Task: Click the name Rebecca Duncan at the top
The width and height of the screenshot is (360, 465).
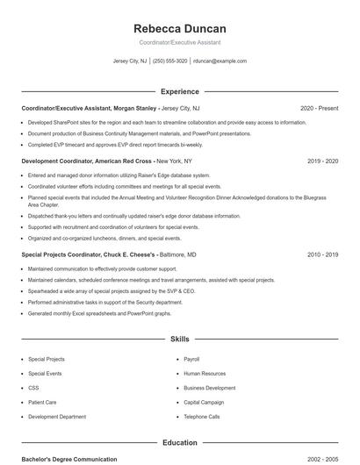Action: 180,28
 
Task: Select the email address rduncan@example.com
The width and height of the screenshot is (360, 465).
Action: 220,61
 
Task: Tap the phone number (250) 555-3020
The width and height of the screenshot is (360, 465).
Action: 170,61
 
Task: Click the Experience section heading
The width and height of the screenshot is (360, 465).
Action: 180,91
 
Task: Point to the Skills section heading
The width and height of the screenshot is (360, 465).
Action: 180,338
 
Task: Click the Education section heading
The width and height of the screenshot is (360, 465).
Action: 180,442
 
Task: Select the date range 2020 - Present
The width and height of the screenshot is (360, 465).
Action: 319,108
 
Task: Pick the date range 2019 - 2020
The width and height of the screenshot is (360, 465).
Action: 323,161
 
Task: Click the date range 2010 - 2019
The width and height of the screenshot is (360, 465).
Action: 323,254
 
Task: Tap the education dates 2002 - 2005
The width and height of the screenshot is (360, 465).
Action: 323,459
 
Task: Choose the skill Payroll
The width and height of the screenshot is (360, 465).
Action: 191,359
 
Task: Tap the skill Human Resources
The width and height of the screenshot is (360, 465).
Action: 205,373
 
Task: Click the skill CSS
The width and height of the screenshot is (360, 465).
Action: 33,387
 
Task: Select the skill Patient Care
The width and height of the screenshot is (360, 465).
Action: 42,402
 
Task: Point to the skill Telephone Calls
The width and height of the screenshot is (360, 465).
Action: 202,416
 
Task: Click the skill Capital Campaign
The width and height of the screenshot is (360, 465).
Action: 204,402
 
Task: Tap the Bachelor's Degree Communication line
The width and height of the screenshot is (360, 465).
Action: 69,459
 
